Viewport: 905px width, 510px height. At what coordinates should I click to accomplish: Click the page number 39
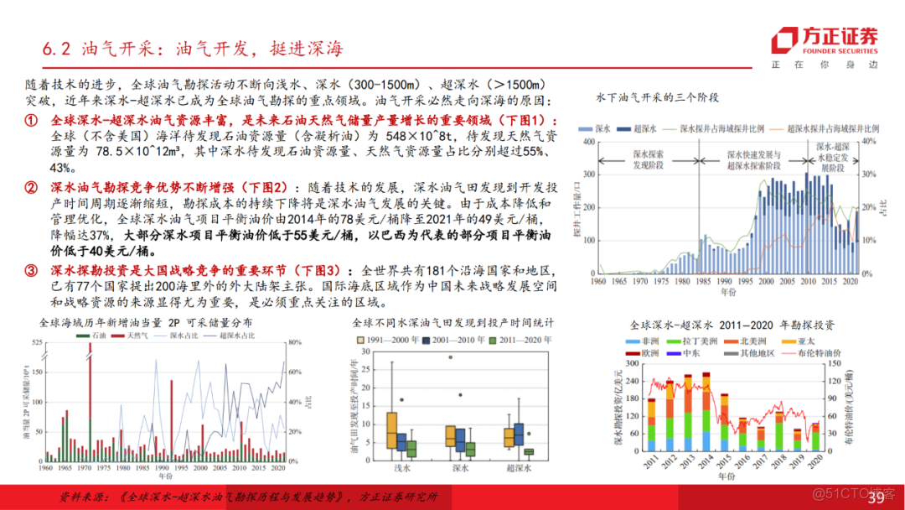point(875,499)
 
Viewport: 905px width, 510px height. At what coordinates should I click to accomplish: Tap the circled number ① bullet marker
point(31,121)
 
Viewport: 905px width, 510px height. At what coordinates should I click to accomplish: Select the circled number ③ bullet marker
point(31,271)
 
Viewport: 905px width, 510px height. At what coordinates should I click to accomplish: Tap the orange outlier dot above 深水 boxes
point(451,357)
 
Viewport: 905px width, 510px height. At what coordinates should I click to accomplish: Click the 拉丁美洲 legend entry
point(692,341)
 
